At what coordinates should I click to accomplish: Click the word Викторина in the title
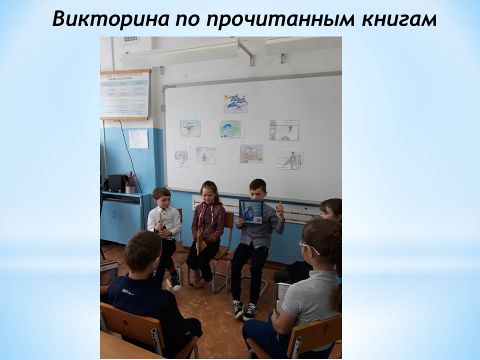(x=111, y=19)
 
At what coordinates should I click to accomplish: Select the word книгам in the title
(x=399, y=19)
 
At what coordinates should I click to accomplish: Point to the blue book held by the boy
(x=251, y=211)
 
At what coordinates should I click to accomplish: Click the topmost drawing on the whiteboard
(x=236, y=103)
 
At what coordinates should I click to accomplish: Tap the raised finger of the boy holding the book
(x=280, y=203)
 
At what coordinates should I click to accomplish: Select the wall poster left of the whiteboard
(x=125, y=94)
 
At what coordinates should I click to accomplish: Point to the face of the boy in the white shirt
(x=163, y=200)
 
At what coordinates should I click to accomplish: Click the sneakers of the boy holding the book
(x=245, y=309)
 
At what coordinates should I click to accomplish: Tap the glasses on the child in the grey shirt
(x=309, y=247)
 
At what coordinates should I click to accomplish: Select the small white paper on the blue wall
(x=138, y=139)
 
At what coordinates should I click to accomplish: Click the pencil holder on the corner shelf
(x=129, y=187)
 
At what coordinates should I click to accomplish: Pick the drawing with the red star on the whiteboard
(x=206, y=155)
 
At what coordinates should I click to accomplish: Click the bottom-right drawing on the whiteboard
(x=291, y=160)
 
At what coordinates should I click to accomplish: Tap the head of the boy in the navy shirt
(x=144, y=248)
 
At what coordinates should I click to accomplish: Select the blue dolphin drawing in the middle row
(x=232, y=129)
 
